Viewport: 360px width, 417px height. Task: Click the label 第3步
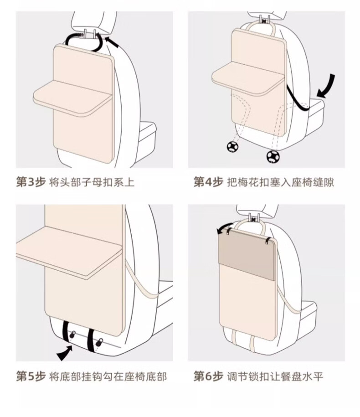click(x=31, y=182)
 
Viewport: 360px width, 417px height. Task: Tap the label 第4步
click(x=208, y=182)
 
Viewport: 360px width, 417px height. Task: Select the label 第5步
click(x=31, y=376)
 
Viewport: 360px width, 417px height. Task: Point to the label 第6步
click(x=208, y=376)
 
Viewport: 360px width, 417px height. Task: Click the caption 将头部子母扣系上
click(x=92, y=182)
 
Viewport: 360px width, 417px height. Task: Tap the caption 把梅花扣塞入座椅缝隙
click(x=281, y=182)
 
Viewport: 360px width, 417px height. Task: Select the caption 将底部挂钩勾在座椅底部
click(x=108, y=376)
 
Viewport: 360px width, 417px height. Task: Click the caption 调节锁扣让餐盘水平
click(x=275, y=376)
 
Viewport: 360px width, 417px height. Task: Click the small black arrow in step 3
click(x=112, y=42)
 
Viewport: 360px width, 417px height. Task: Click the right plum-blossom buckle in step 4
click(x=273, y=156)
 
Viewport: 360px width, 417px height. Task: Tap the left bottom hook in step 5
click(x=72, y=335)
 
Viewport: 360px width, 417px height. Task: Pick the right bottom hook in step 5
click(x=99, y=342)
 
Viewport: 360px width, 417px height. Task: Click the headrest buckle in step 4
click(x=264, y=21)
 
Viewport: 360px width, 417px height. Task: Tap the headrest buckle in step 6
click(x=254, y=219)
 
